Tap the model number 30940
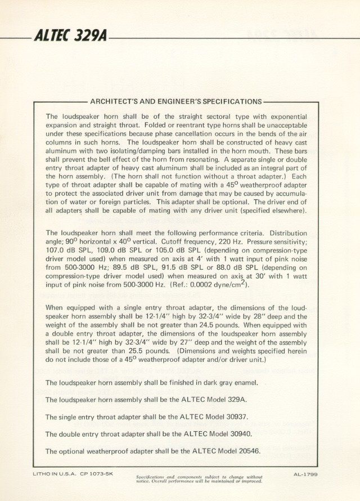[x=235, y=434]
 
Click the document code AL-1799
[x=306, y=475]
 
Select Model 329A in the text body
[x=226, y=400]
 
